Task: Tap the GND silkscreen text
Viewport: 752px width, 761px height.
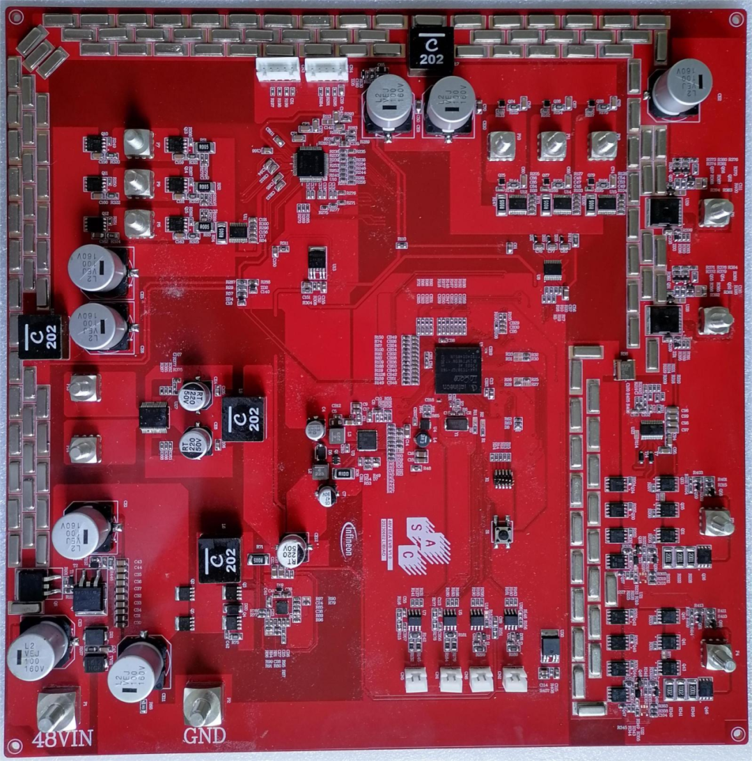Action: tap(204, 735)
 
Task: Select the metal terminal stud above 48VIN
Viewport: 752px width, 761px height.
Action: tap(57, 709)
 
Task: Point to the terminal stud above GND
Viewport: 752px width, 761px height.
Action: tap(203, 705)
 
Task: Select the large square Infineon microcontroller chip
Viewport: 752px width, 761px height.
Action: tap(457, 368)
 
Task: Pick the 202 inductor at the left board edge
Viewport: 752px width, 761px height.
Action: tap(40, 337)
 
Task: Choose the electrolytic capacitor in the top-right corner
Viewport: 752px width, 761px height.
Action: tap(680, 86)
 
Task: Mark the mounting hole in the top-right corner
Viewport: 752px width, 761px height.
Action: tap(735, 20)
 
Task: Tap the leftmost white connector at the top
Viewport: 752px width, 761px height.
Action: tap(278, 68)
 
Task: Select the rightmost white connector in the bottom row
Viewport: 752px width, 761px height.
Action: tap(515, 679)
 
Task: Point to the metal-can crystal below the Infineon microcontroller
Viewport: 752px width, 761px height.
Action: tap(456, 422)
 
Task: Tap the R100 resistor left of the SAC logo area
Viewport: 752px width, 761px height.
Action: tap(343, 473)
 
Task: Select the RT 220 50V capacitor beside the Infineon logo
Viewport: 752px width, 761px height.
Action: tap(292, 549)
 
